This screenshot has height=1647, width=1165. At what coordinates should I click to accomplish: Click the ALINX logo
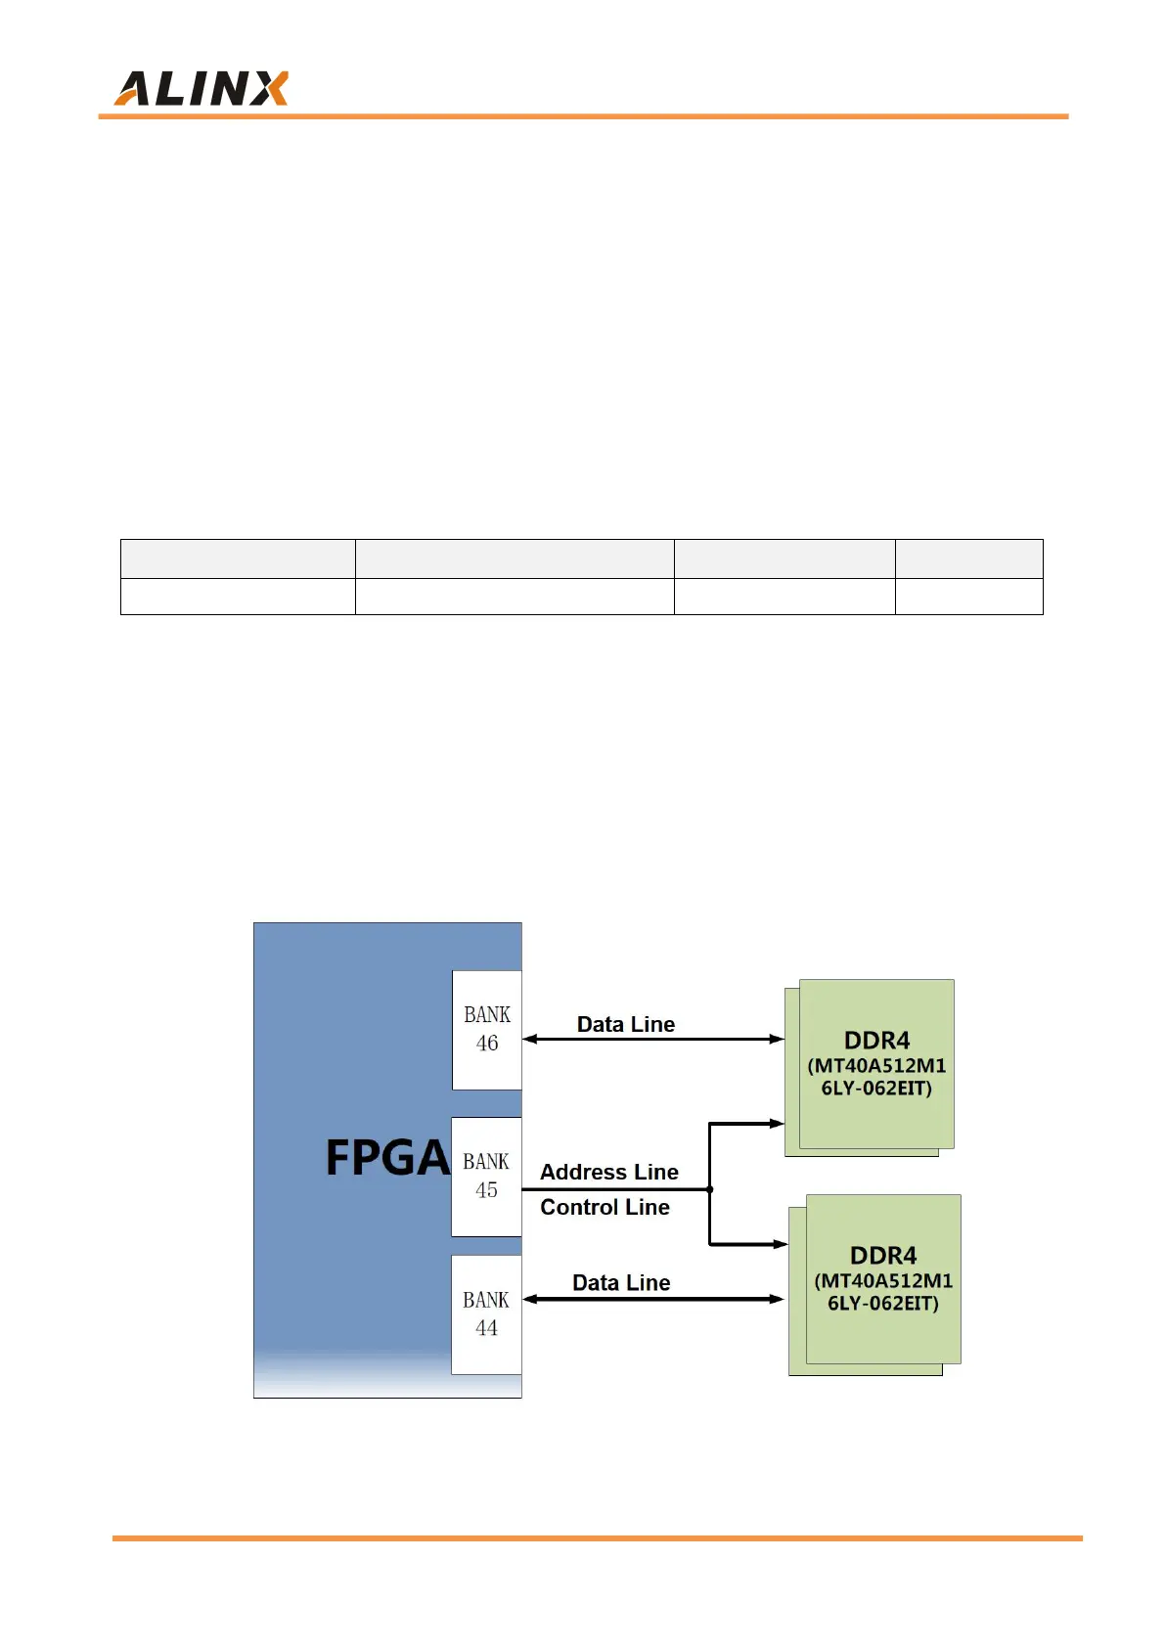pos(202,88)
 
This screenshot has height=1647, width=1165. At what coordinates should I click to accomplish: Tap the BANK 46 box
pos(486,1029)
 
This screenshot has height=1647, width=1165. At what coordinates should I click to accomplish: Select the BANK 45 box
pos(486,1176)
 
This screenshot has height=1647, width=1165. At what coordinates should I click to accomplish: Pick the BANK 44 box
pos(486,1313)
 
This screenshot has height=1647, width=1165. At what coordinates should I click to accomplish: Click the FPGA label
pos(386,1158)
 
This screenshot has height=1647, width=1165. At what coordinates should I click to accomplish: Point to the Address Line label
pos(608,1172)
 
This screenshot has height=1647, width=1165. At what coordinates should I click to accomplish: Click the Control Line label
pos(605,1207)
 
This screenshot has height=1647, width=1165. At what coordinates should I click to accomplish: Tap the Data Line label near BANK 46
pos(625,1024)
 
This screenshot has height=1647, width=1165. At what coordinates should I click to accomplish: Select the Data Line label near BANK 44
pos(621,1282)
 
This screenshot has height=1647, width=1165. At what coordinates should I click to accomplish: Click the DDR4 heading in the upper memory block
pos(876,1040)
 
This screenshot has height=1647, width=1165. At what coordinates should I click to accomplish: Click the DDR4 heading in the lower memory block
pos(883,1255)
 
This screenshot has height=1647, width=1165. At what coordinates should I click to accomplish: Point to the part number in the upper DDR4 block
pos(876,1077)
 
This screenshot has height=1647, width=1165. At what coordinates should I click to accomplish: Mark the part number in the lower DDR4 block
pos(883,1292)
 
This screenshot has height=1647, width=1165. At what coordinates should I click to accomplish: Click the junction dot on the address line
pos(709,1189)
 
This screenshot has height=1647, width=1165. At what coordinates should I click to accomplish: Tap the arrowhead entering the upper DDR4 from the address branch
pos(778,1124)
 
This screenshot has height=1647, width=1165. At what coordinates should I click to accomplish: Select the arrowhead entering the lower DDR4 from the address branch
pos(781,1244)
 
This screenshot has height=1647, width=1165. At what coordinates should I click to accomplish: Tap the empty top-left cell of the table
pos(238,558)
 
